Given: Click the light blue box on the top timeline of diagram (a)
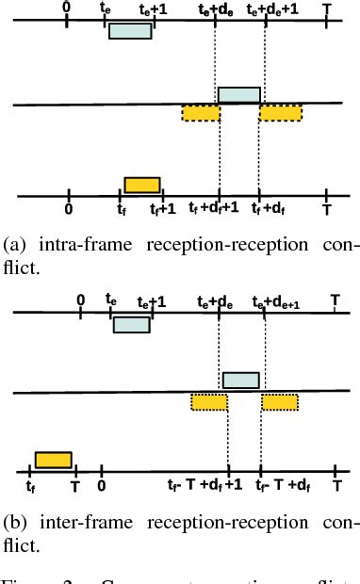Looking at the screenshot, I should click(130, 31).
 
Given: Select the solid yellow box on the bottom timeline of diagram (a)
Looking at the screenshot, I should click(142, 185).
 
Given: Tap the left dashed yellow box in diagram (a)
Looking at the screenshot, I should click(200, 113).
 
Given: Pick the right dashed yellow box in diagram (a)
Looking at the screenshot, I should click(281, 113).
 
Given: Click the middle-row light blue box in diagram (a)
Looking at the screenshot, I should click(238, 95).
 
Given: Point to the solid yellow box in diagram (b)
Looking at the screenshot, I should click(53, 460).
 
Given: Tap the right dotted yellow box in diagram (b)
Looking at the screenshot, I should click(281, 402).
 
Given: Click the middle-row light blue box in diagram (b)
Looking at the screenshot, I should click(240, 380).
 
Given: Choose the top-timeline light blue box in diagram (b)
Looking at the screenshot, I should click(131, 324).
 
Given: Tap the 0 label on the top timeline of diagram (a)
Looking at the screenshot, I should click(65, 6).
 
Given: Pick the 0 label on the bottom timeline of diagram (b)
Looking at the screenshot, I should click(101, 486).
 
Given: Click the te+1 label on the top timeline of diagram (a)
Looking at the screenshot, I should click(155, 8).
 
